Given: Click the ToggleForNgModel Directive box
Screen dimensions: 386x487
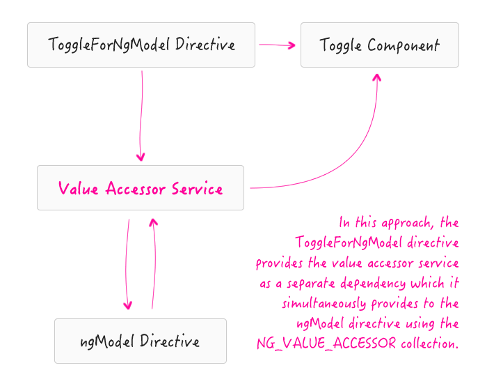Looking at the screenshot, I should pos(141,45).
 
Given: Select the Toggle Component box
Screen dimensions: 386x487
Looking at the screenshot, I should pos(379,45).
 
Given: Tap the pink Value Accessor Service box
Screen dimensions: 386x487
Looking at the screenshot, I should pos(141,188).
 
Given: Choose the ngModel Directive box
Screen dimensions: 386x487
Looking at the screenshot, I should pos(141,341).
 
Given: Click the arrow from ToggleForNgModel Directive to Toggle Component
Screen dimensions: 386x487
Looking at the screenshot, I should pos(277,45).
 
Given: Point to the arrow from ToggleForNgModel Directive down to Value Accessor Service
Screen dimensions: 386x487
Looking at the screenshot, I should pos(142,115).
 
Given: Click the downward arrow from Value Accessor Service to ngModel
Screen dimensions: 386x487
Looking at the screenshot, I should pos(127,265).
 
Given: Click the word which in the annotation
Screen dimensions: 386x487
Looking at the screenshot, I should pos(429,284).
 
